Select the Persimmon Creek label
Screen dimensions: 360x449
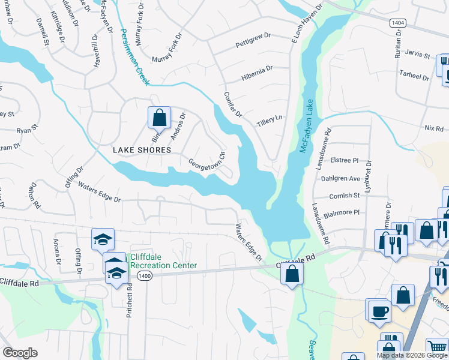134,56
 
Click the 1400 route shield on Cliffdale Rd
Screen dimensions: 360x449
143,275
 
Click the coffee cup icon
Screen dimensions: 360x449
379,311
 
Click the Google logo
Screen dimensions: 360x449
19,353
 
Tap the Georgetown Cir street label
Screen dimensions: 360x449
206,161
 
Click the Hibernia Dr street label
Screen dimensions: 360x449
257,73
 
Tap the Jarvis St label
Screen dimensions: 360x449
418,56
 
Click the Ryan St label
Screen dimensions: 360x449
27,128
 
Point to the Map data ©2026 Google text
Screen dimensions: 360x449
412,355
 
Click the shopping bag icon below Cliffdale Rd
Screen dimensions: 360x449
292,275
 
